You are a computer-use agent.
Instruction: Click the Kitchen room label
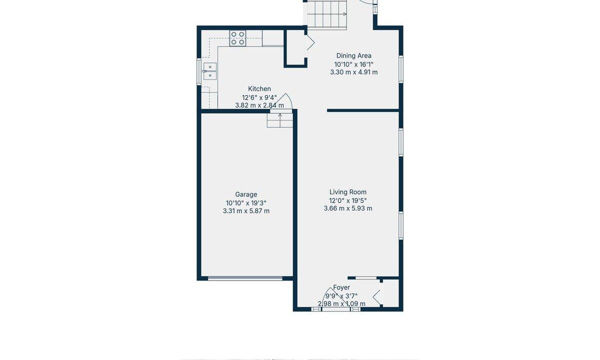pyautogui.click(x=259, y=88)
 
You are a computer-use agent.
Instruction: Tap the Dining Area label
pyautogui.click(x=354, y=55)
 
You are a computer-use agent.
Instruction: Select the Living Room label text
pyautogui.click(x=348, y=192)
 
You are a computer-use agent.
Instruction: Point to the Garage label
pyautogui.click(x=246, y=194)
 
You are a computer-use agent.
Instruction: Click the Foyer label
pyautogui.click(x=341, y=287)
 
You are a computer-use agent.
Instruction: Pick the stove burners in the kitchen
pyautogui.click(x=237, y=38)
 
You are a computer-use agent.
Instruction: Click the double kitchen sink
pyautogui.click(x=209, y=71)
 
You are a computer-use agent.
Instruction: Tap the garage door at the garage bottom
pyautogui.click(x=245, y=278)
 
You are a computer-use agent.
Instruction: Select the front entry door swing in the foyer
pyautogui.click(x=334, y=298)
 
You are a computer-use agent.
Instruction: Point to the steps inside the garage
pyautogui.click(x=280, y=120)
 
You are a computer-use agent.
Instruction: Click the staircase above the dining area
pyautogui.click(x=327, y=14)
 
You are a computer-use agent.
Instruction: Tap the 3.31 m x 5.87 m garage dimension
pyautogui.click(x=246, y=211)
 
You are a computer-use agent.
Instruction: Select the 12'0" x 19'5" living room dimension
pyautogui.click(x=348, y=200)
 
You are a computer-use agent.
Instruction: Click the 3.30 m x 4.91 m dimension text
pyautogui.click(x=354, y=72)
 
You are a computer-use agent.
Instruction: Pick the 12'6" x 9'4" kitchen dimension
pyautogui.click(x=259, y=97)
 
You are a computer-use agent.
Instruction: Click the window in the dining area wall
pyautogui.click(x=401, y=69)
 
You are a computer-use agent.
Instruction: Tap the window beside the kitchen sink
pyautogui.click(x=199, y=71)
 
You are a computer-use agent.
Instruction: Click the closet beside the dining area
pyautogui.click(x=294, y=47)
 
